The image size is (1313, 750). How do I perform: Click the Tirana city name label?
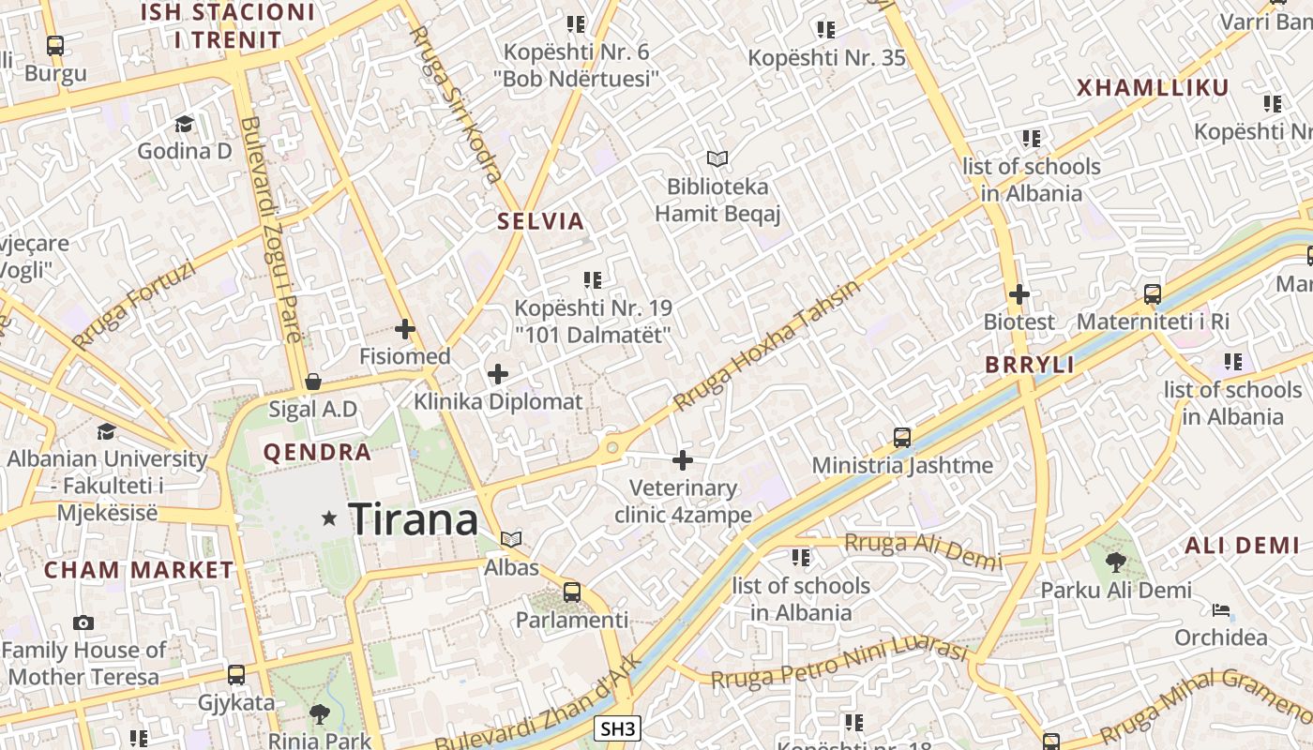413,518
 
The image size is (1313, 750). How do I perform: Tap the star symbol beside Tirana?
329,517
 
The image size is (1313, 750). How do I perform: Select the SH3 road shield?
618,728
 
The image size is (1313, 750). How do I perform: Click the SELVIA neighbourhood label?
541,222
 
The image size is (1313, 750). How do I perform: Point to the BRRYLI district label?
1030,366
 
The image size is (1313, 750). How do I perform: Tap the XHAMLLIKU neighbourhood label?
1153,88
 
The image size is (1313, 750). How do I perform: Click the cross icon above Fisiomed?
405,329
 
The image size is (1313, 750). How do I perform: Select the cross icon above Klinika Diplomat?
498,375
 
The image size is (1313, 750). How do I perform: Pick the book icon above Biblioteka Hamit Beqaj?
717,159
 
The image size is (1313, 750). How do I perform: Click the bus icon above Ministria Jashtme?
902,437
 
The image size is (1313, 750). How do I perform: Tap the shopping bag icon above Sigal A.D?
313,382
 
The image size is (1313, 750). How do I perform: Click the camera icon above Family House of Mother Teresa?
83,622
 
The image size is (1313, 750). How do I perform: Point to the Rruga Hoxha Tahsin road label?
766,345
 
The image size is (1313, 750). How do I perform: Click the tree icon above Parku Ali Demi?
1116,562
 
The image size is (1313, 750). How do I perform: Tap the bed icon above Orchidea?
1221,610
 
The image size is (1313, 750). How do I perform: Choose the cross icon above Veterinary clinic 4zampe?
683,460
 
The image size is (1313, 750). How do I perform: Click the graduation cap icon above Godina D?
184,124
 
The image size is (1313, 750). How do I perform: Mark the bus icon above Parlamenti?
571,592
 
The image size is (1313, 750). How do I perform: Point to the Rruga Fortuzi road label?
134,306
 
